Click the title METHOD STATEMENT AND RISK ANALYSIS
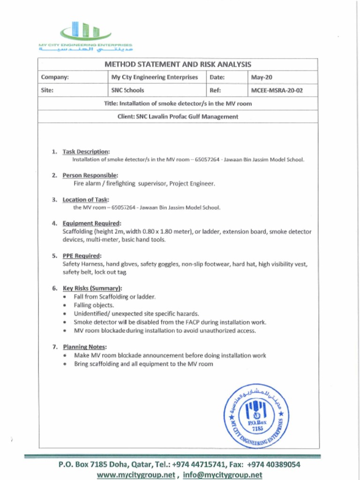[x=178, y=64]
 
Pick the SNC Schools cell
[x=127, y=90]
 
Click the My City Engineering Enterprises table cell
[x=154, y=77]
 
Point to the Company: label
[x=55, y=77]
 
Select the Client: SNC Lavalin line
[x=178, y=117]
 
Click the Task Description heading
[x=86, y=151]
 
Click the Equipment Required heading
[x=92, y=223]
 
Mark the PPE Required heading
[x=82, y=255]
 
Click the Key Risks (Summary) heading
[x=92, y=288]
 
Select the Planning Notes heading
[x=84, y=347]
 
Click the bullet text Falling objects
[x=94, y=305]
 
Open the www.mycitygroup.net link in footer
[x=136, y=474]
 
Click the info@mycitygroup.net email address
[x=223, y=474]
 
